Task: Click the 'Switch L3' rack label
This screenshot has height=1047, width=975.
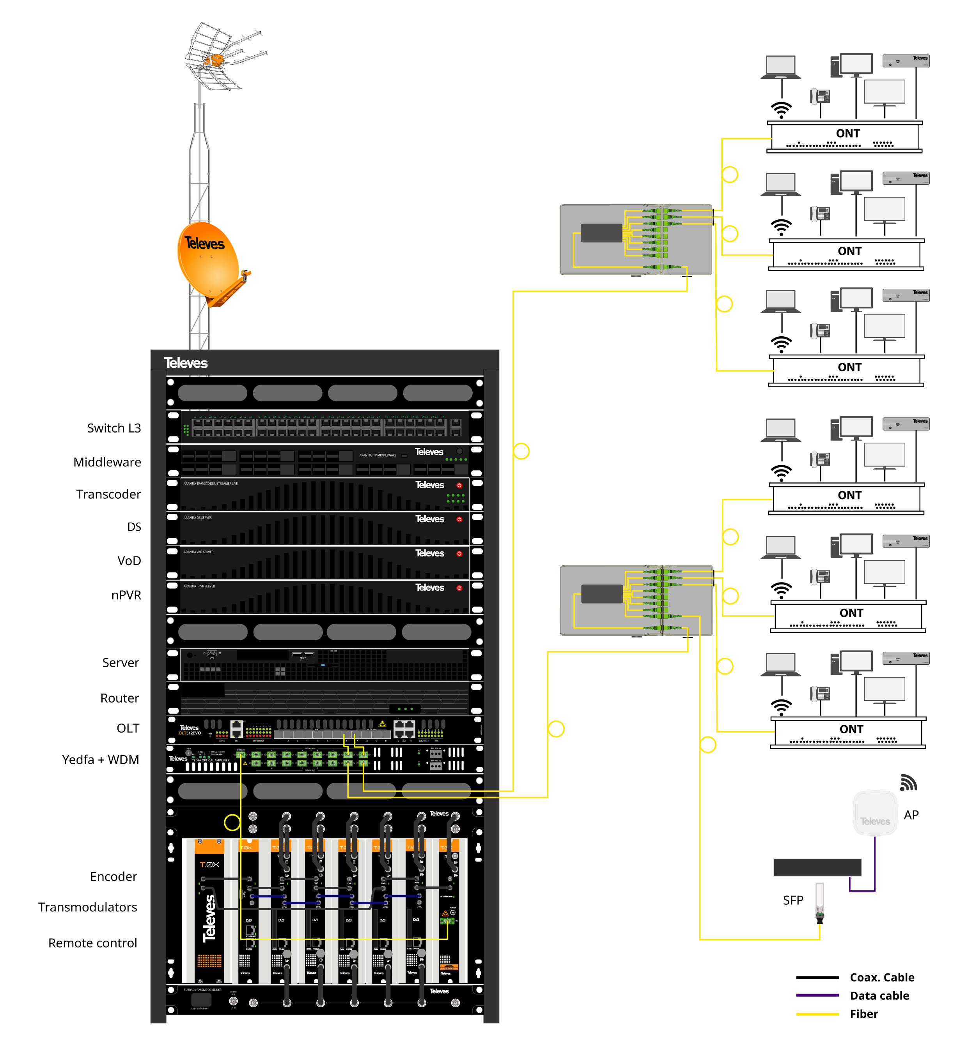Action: [x=114, y=428]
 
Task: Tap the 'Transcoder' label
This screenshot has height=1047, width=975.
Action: [x=108, y=494]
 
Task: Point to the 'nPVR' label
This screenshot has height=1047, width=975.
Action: [x=126, y=595]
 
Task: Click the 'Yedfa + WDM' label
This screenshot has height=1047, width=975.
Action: [x=100, y=760]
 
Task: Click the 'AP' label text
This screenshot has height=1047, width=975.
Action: [x=911, y=815]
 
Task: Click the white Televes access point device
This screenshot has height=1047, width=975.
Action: [x=875, y=814]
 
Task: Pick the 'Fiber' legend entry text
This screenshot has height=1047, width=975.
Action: [x=864, y=1014]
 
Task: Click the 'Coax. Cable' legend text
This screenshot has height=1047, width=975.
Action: [x=882, y=978]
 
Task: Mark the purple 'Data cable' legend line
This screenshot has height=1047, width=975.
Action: [x=817, y=996]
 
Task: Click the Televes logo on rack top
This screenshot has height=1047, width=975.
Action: [x=186, y=363]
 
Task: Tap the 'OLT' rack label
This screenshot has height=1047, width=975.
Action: [x=128, y=728]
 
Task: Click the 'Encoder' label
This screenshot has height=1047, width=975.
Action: [x=113, y=877]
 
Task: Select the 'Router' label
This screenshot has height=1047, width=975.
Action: [x=120, y=698]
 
